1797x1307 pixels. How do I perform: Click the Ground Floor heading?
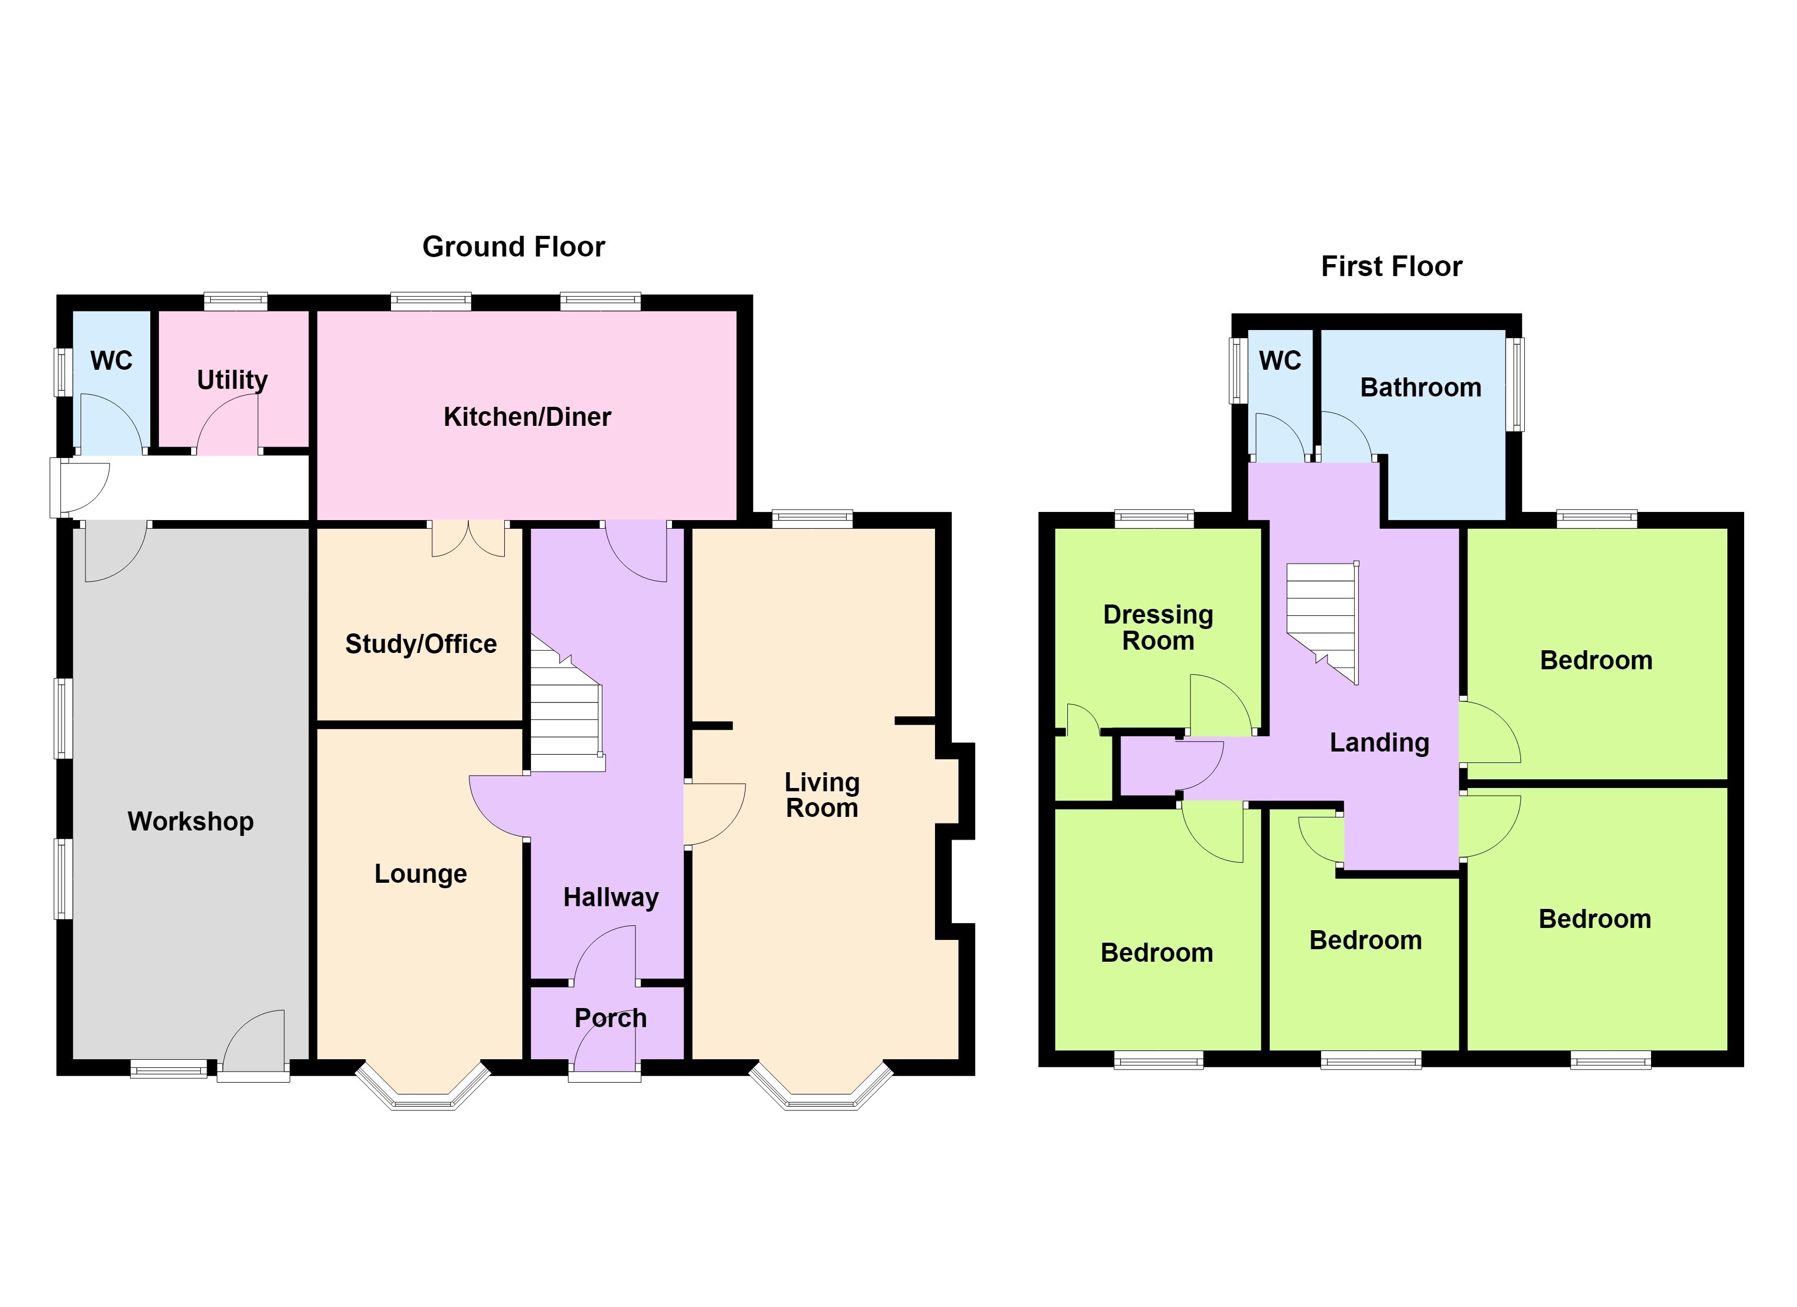pos(514,247)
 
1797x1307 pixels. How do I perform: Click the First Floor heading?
pos(1391,266)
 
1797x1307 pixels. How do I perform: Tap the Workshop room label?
pos(191,821)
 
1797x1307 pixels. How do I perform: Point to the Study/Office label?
pos(421,644)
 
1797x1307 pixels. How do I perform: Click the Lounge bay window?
pos(423,1086)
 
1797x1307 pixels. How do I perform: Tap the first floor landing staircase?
pos(1322,622)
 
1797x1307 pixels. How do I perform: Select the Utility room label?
pos(232,381)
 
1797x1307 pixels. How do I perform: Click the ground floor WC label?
pos(111,361)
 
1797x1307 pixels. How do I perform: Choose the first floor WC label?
pos(1280,361)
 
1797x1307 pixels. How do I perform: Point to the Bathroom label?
pos(1421,388)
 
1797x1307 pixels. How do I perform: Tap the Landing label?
pos(1379,743)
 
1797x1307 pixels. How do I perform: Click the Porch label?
pos(610,1018)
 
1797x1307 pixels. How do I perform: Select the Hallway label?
pos(611,897)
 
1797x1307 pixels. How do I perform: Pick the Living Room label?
pos(822,795)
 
